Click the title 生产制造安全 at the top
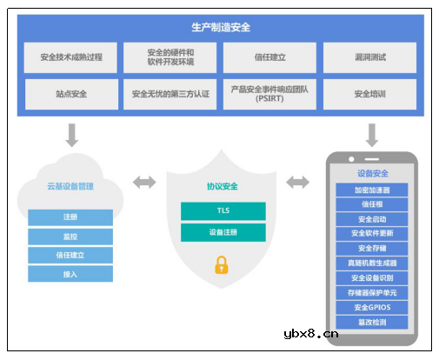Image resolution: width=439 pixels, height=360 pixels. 220,27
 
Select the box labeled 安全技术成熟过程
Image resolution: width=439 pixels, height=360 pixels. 71,57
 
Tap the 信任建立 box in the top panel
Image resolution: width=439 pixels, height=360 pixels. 269,57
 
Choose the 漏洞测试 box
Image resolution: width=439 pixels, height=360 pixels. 370,57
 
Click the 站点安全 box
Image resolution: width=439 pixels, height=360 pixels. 71,93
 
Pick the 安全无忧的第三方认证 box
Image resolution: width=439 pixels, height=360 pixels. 170,93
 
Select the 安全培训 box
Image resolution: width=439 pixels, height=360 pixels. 370,93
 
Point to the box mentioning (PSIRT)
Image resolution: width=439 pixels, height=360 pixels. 269,93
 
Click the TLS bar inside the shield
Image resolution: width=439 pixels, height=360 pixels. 223,211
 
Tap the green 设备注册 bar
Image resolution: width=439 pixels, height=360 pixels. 223,232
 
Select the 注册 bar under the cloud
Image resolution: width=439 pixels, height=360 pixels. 70,217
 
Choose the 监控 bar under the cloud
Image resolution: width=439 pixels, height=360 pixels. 70,236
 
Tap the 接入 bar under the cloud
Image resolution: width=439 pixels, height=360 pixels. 70,274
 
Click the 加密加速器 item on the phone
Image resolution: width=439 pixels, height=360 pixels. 372,190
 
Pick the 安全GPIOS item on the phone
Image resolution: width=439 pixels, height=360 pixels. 372,307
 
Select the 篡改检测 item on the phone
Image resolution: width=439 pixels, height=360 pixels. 372,322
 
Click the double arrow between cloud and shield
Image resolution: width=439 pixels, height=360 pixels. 144,182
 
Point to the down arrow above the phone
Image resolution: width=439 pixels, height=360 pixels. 372,134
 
